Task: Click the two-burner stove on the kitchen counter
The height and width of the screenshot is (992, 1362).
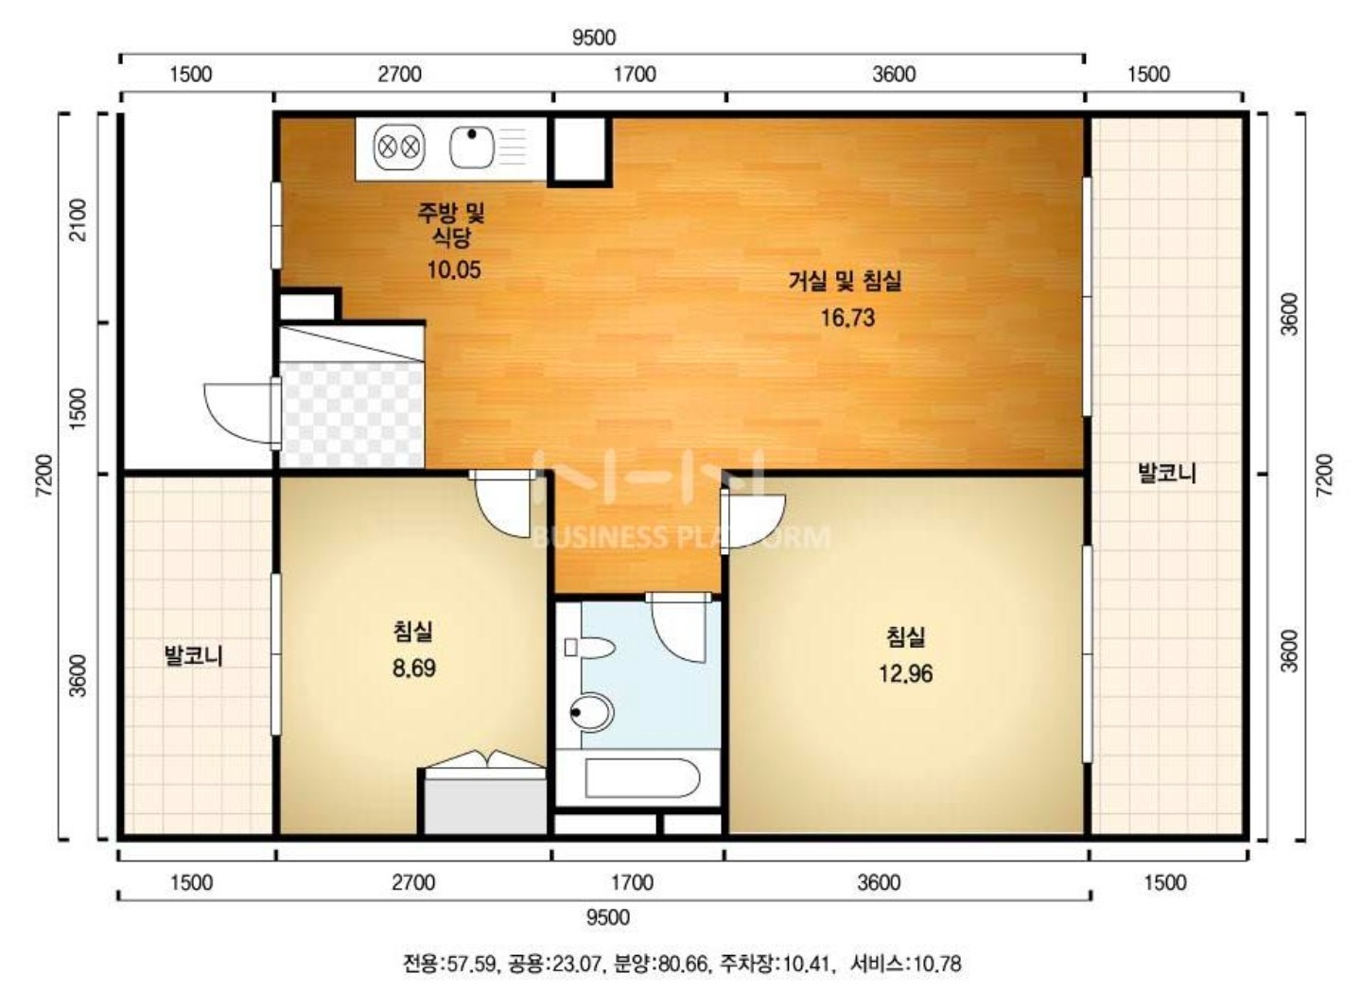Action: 399,148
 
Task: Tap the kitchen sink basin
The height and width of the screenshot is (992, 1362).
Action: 471,148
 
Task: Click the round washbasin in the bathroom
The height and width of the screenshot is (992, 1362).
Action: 591,712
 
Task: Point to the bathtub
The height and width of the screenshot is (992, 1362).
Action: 642,777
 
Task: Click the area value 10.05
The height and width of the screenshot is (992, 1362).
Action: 454,270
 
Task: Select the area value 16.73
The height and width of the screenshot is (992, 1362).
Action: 847,318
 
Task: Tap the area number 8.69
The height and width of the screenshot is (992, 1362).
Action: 414,669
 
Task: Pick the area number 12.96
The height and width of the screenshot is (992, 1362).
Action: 905,673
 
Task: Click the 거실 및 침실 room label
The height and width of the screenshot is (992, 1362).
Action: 845,281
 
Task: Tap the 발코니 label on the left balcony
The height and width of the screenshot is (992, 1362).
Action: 194,656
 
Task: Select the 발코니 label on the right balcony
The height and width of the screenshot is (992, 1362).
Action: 1167,473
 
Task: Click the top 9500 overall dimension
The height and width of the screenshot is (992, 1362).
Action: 594,38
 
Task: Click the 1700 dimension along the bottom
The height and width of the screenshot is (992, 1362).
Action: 633,882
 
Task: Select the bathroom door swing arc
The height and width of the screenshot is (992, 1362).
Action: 678,627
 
